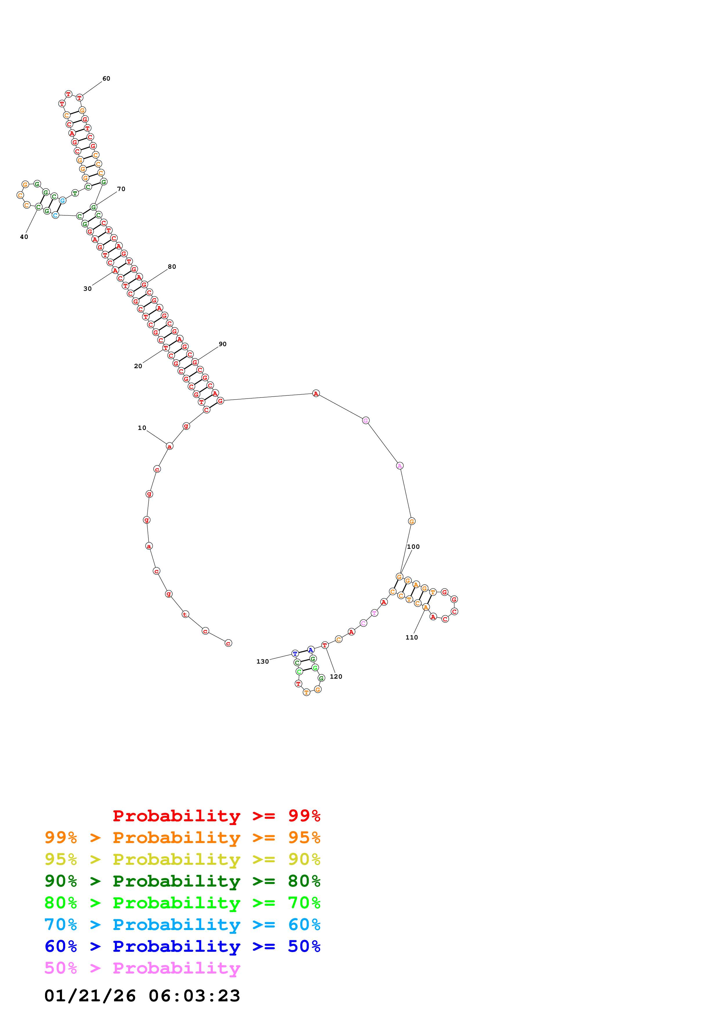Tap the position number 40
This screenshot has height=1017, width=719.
24,237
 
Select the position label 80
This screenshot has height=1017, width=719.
172,267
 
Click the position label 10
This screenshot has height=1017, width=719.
142,428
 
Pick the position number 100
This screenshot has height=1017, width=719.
413,546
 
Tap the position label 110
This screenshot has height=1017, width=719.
412,638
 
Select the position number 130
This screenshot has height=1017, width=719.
263,661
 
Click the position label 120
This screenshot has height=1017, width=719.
336,676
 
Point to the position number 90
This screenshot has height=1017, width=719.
222,344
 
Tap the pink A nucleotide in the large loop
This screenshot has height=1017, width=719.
400,466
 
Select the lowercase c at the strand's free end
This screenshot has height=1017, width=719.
228,643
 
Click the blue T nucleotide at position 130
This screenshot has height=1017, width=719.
295,653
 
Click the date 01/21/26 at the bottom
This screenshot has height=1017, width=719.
90,996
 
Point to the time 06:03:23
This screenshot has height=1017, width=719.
194,996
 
